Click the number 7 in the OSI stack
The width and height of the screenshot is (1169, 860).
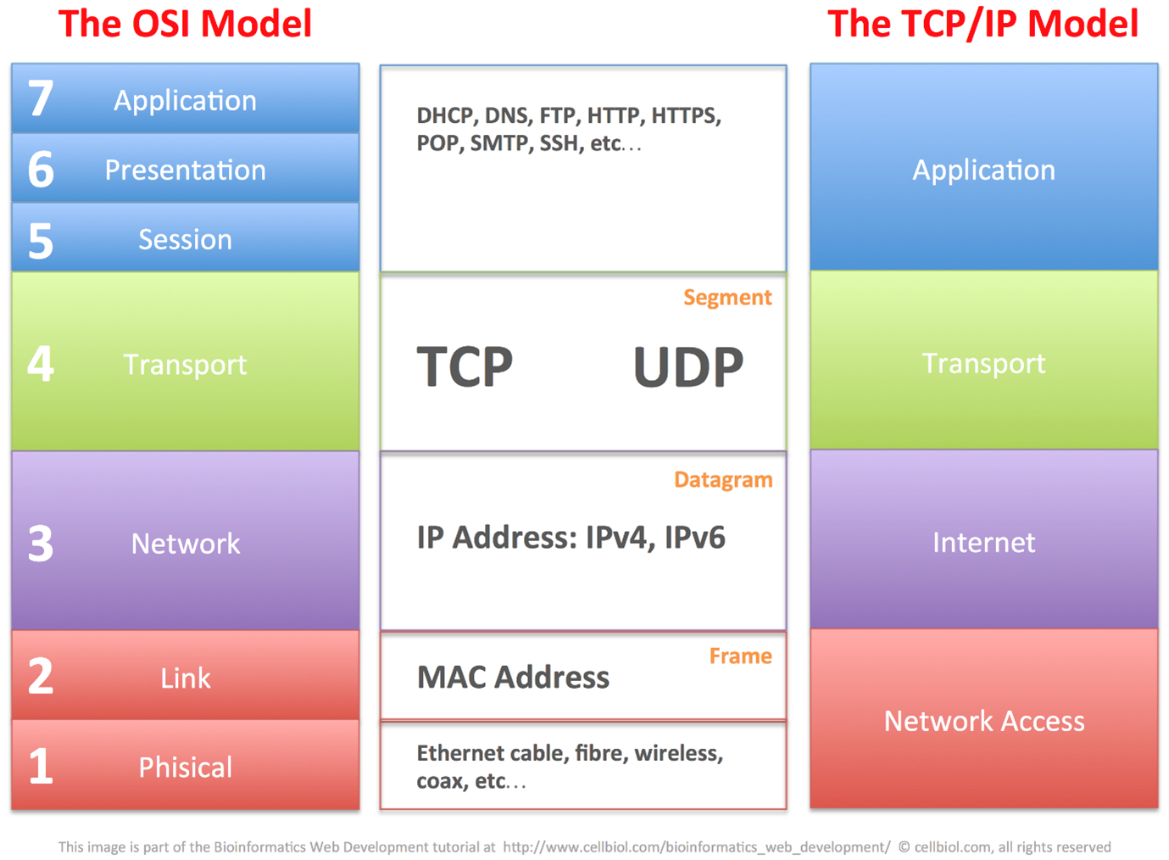pos(41,98)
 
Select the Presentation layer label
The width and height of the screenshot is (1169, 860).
pos(185,170)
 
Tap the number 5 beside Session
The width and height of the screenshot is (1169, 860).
pos(41,241)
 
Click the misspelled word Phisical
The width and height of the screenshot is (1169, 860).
pos(185,768)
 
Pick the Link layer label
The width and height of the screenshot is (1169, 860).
pos(185,679)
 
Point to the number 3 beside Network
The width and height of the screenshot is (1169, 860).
pos(41,544)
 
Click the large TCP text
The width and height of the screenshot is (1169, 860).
pos(465,367)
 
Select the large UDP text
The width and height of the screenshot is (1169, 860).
pos(687,367)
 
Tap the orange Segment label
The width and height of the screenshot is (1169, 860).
pos(726,298)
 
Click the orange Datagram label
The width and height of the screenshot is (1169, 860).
pos(722,480)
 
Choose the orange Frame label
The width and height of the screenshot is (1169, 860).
pos(740,656)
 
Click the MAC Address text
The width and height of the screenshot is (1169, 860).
pos(513,678)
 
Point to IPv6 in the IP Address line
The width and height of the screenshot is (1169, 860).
pos(694,538)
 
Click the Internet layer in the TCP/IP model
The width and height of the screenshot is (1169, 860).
pos(983,543)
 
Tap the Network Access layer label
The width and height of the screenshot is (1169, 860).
pos(983,721)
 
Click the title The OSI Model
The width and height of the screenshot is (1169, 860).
pos(185,24)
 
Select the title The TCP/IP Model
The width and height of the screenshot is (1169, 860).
pos(983,24)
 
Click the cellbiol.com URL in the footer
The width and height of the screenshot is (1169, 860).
pos(696,847)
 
